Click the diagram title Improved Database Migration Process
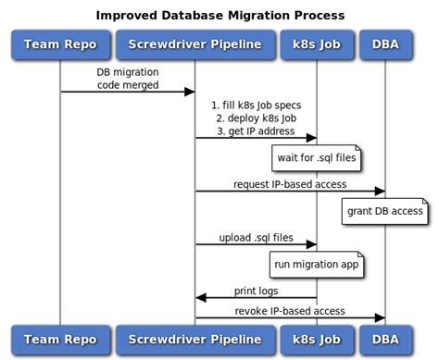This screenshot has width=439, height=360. tap(220, 16)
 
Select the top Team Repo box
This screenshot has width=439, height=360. tap(60, 43)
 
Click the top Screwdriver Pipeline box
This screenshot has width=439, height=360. tap(194, 43)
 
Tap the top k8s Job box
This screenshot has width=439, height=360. tap(317, 43)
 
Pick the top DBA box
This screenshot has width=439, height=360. tap(384, 43)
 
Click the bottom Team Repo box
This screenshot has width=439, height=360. tap(60, 338)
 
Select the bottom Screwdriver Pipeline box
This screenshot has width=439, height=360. tap(194, 338)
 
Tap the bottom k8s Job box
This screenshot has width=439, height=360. tap(317, 338)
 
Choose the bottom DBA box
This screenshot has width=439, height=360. tap(384, 338)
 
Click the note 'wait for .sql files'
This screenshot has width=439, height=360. tap(316, 158)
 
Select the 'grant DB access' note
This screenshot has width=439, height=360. tap(384, 211)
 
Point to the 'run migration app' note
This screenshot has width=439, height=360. tap(316, 265)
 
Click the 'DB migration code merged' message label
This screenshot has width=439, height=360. tap(128, 78)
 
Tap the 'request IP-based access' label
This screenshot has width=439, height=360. tap(289, 184)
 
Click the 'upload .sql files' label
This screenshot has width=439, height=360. tap(256, 238)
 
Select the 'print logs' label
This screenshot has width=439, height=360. tap(256, 291)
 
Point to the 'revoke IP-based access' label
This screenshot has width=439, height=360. tap(289, 309)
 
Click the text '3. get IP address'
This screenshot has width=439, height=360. tap(256, 130)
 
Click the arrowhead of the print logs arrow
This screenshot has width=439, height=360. tap(200, 298)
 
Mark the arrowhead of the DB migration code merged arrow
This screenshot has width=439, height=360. tap(190, 92)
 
